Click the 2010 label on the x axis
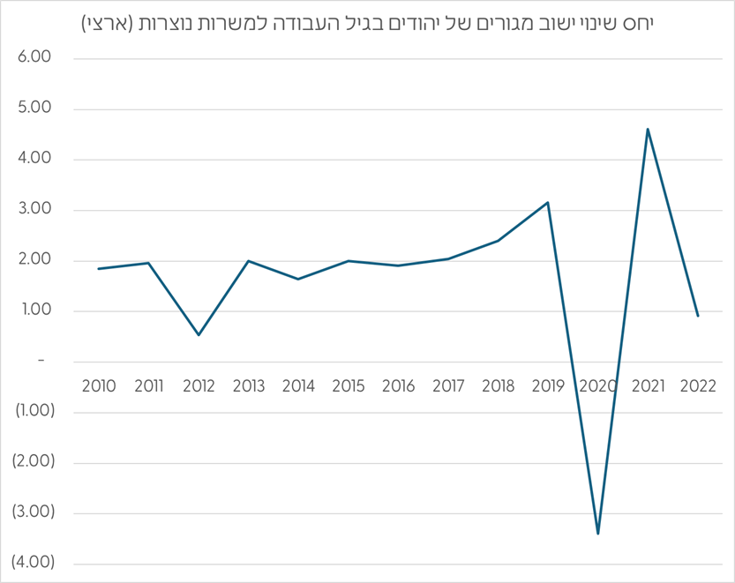pyautogui.click(x=98, y=385)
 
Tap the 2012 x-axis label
pyautogui.click(x=199, y=385)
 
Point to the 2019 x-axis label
pyautogui.click(x=548, y=385)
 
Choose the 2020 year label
pyautogui.click(x=598, y=385)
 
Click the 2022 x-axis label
pyautogui.click(x=698, y=385)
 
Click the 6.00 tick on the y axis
pyautogui.click(x=35, y=58)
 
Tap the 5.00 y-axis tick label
pyautogui.click(x=35, y=108)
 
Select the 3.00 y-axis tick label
pyautogui.click(x=35, y=210)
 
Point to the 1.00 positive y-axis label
pyautogui.click(x=35, y=310)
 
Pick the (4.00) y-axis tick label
pyautogui.click(x=32, y=563)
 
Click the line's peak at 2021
pyautogui.click(x=649, y=129)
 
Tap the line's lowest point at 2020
pyautogui.click(x=598, y=534)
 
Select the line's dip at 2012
pyautogui.click(x=199, y=335)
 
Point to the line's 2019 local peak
pyautogui.click(x=548, y=202)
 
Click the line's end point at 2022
pyautogui.click(x=698, y=316)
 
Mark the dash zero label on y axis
pyautogui.click(x=41, y=361)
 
